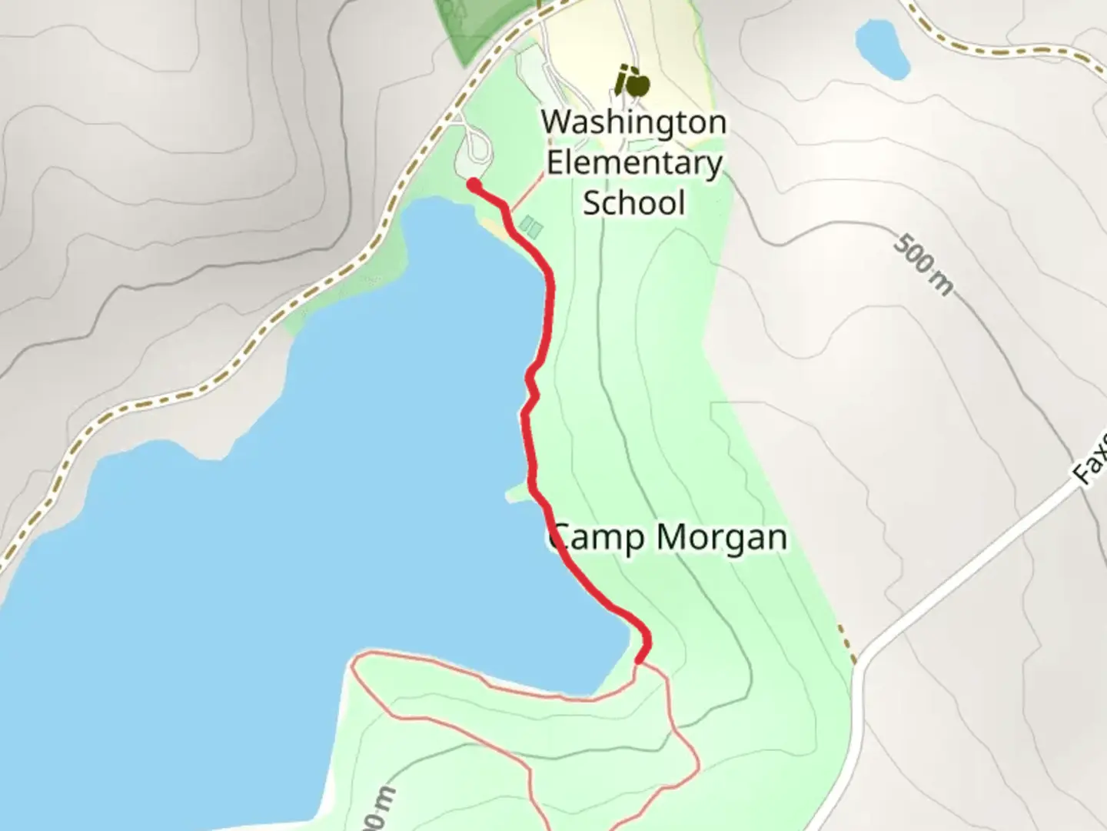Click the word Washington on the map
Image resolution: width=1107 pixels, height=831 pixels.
click(633, 122)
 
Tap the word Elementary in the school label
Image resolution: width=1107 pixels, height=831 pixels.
click(633, 163)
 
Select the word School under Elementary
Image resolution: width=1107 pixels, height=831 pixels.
click(633, 203)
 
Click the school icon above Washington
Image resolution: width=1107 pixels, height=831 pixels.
click(632, 82)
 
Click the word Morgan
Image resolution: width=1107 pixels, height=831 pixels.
click(723, 538)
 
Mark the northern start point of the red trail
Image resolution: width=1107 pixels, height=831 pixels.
click(474, 185)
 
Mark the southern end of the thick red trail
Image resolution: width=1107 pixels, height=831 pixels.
click(640, 659)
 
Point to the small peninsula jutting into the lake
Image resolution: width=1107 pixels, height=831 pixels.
click(517, 494)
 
